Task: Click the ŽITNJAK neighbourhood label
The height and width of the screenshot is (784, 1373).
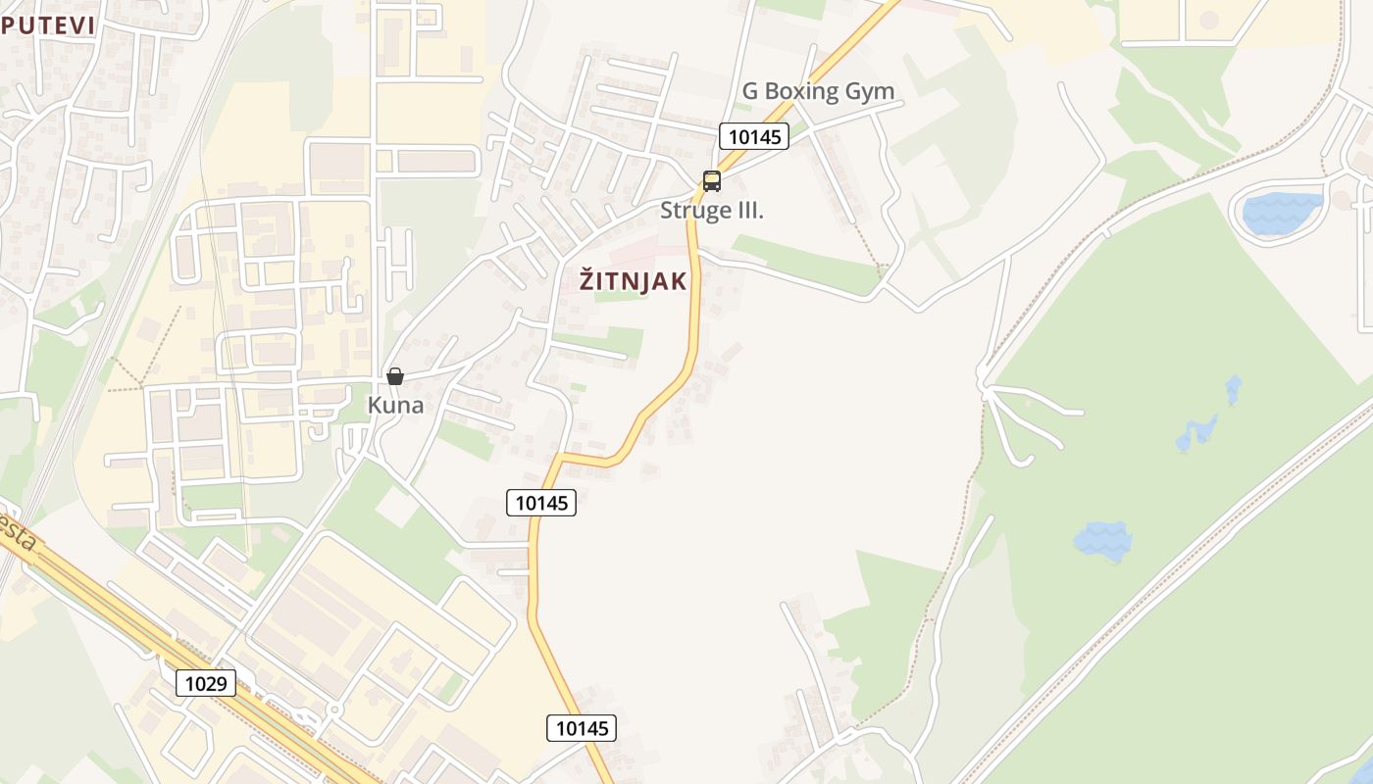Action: point(634,281)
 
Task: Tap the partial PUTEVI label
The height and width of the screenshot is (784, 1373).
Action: point(48,26)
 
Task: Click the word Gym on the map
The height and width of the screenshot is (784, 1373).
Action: point(870,91)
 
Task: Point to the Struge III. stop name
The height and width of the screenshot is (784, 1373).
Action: point(711,210)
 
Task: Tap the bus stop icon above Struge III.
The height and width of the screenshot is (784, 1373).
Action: point(711,181)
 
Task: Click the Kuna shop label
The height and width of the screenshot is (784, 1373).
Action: point(395,404)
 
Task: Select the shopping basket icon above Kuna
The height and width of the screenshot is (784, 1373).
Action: point(395,376)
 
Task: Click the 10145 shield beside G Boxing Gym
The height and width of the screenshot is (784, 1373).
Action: point(753,136)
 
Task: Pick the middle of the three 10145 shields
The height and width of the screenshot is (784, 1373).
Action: point(541,503)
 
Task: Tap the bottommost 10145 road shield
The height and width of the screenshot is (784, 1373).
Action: point(582,727)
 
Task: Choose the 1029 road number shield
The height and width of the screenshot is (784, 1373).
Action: point(206,683)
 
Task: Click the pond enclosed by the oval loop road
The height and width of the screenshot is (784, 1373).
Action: point(1281,213)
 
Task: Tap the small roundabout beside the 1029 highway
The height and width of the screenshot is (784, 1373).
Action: point(334,709)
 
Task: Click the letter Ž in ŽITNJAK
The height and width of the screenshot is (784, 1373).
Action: point(586,280)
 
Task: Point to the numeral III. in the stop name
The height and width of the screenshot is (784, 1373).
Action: point(748,210)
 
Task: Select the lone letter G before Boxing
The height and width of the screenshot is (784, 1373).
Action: point(750,91)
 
